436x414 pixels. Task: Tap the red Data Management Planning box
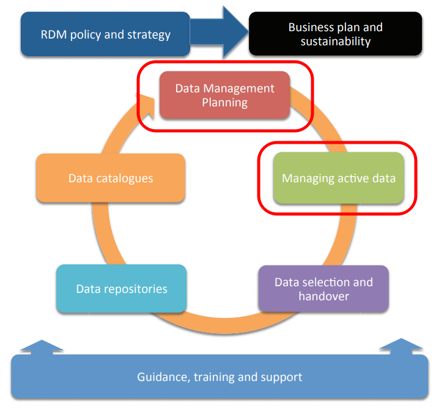tap(224, 95)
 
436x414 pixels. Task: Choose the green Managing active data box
tap(338, 179)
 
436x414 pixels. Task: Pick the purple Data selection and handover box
tap(323, 289)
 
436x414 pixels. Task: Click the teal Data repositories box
tap(121, 289)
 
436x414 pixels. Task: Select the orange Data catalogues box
tap(110, 179)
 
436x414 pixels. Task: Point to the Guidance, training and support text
tap(219, 377)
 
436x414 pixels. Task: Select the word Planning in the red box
tap(224, 103)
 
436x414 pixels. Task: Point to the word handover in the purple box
tap(323, 297)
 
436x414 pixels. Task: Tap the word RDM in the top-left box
tap(54, 35)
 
